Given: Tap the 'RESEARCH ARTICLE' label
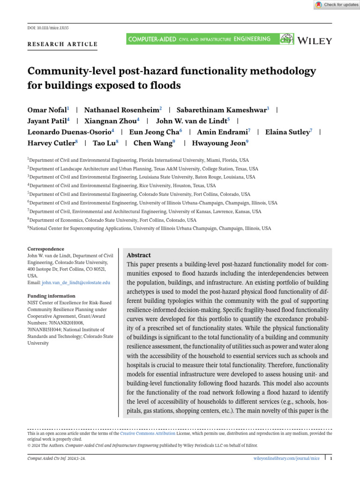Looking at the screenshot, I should pyautogui.click(x=63, y=45).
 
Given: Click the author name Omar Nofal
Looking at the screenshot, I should pyautogui.click(x=47, y=110).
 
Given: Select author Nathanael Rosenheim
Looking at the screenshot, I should pyautogui.click(x=121, y=110).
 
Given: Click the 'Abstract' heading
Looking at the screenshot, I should pyautogui.click(x=139, y=255).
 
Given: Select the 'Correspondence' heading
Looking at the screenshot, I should pyautogui.click(x=46, y=249).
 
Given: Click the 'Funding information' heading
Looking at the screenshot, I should pyautogui.click(x=51, y=296).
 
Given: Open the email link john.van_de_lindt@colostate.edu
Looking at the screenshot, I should pyautogui.click(x=76, y=283).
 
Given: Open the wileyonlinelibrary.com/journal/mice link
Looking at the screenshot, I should pyautogui.click(x=286, y=458).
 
